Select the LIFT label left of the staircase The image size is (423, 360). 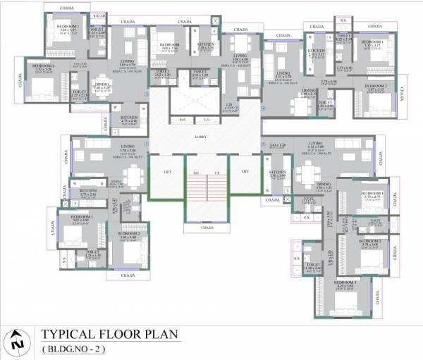166,171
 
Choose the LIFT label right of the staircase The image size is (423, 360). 245,171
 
